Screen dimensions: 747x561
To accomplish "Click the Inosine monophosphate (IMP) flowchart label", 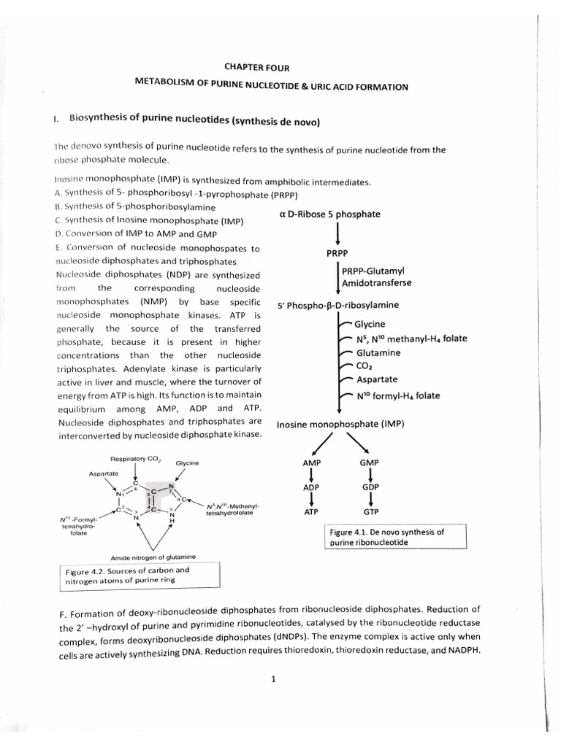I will [340, 424].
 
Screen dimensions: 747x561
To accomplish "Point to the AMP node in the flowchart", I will [312, 463].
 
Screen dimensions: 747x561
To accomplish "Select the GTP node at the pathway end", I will [370, 512].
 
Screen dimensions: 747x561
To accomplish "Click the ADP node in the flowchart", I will [312, 487].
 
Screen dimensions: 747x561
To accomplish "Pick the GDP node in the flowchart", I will [370, 487].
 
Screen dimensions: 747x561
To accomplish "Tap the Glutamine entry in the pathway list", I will [378, 352].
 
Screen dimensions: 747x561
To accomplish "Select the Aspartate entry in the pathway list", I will [377, 380].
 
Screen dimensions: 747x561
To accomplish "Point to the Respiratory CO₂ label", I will [134, 460].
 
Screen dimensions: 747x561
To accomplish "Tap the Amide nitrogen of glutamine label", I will [149, 556].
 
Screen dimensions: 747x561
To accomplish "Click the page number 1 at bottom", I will [272, 680].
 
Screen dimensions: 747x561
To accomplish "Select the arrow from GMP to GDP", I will [370, 475].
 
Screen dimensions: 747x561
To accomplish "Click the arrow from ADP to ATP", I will [312, 499].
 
